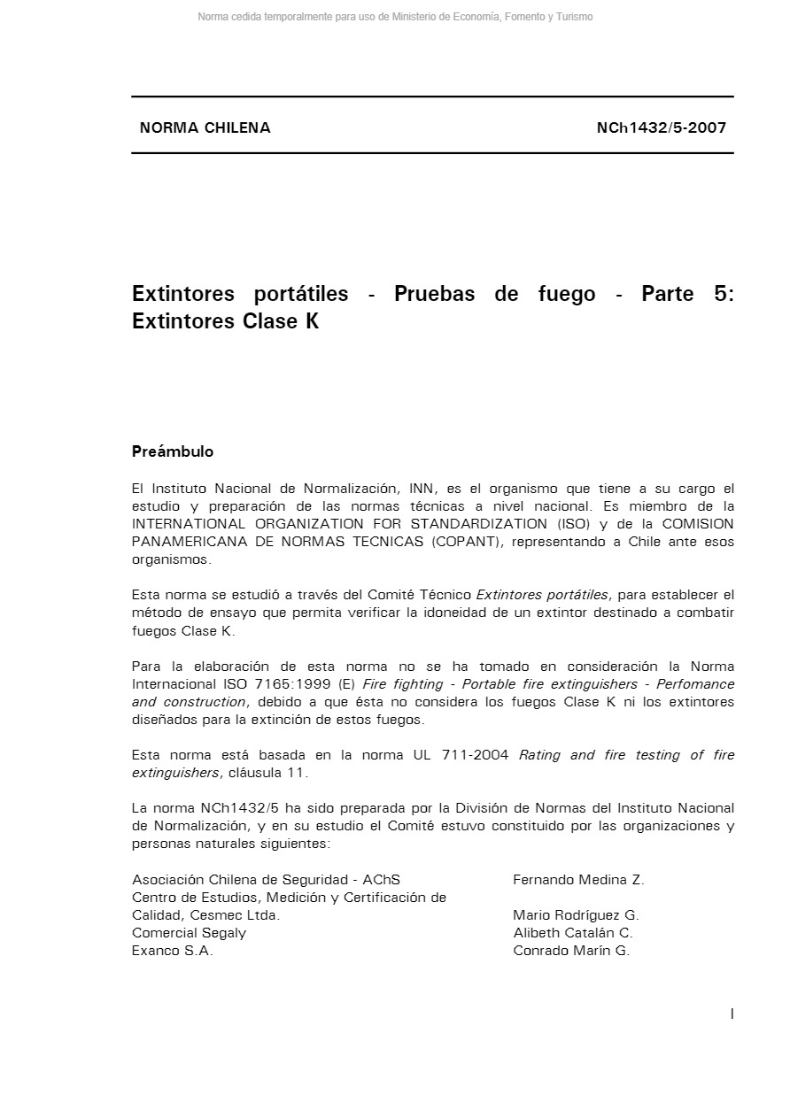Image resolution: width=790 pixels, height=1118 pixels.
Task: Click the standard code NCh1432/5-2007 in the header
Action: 661,127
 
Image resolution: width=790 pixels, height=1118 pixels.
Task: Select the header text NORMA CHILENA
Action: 205,127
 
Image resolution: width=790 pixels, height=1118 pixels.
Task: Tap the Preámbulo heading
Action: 173,451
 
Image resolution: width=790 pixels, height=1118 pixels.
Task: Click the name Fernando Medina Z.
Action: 578,880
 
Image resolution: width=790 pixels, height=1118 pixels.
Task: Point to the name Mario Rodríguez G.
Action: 576,915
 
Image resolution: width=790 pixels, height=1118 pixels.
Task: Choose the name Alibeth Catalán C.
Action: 573,933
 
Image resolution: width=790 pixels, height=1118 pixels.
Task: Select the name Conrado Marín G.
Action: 571,951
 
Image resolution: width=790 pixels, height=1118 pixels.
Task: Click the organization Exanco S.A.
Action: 173,951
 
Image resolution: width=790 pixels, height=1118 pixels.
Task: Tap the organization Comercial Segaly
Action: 189,933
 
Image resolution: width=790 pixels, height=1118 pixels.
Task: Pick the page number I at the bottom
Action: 732,1014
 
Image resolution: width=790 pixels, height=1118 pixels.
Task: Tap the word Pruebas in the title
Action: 433,294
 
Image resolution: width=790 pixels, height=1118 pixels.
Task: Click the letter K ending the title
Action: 312,321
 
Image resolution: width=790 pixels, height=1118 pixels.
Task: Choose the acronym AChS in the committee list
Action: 382,880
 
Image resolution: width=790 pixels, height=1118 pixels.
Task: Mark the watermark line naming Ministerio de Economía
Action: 395,17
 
